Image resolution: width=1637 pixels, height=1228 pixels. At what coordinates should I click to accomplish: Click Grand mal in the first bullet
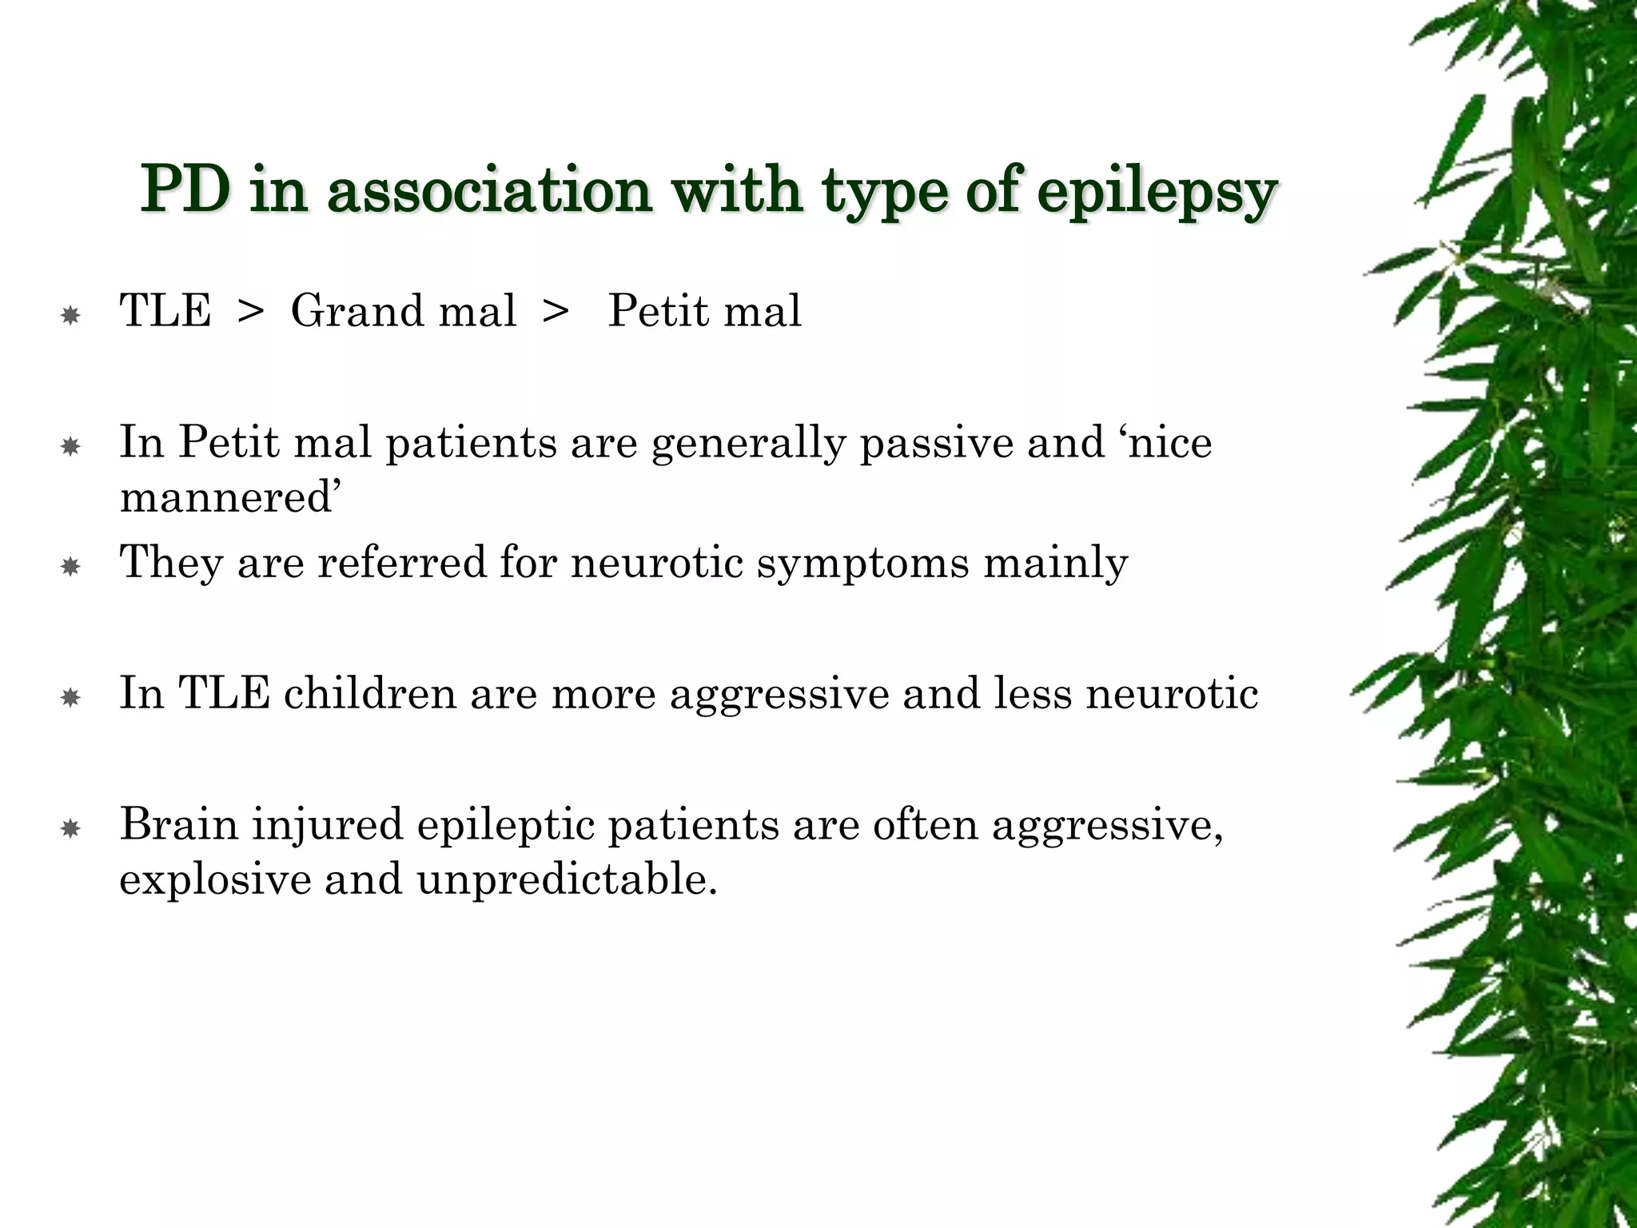[x=403, y=311]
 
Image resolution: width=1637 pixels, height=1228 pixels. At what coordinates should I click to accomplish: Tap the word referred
[x=401, y=562]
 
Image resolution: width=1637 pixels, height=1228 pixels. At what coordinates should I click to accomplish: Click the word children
[x=369, y=693]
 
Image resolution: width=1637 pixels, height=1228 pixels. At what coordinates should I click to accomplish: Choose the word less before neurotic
[x=1032, y=693]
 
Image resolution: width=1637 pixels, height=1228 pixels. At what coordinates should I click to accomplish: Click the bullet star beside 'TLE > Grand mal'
[x=70, y=316]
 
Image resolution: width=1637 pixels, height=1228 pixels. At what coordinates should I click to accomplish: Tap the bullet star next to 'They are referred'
[x=70, y=568]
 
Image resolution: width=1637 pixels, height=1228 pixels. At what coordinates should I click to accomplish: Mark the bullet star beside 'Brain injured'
[x=70, y=830]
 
